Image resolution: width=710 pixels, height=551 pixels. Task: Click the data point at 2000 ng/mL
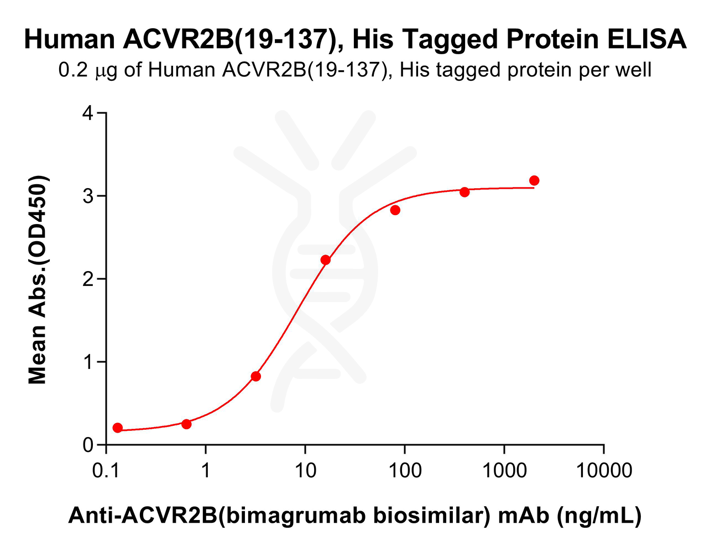pyautogui.click(x=534, y=180)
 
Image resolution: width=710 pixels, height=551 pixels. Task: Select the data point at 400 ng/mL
pyautogui.click(x=464, y=192)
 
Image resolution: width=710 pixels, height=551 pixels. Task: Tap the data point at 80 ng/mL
pyautogui.click(x=395, y=210)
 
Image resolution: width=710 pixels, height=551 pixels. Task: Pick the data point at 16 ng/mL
pyautogui.click(x=326, y=260)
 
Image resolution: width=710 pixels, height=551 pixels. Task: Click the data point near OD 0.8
pyautogui.click(x=255, y=376)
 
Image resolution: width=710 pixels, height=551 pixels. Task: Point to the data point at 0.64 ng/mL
pyautogui.click(x=186, y=424)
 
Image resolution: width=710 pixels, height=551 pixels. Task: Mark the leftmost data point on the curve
pyautogui.click(x=117, y=428)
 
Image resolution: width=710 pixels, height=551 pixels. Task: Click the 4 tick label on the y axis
pyautogui.click(x=87, y=113)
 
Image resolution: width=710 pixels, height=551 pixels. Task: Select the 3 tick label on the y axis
pyautogui.click(x=87, y=196)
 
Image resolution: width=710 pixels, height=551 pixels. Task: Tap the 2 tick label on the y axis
pyautogui.click(x=87, y=279)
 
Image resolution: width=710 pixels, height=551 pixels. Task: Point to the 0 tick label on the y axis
pyautogui.click(x=87, y=445)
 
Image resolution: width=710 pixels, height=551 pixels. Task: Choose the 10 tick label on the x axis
pyautogui.click(x=305, y=471)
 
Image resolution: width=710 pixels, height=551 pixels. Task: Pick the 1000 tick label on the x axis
pyautogui.click(x=504, y=471)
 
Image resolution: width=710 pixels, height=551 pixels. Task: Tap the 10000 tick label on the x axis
pyautogui.click(x=603, y=471)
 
